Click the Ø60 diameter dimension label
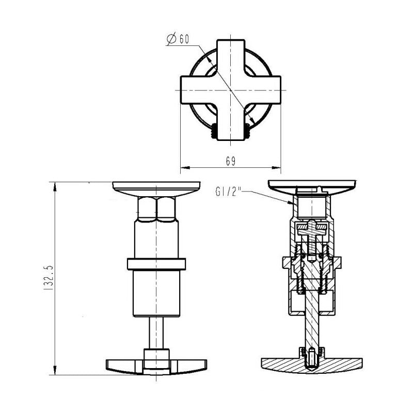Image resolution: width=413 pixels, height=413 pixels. (x=178, y=39)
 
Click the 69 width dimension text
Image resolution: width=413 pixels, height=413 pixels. (x=231, y=161)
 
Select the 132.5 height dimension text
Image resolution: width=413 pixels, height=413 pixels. (x=49, y=278)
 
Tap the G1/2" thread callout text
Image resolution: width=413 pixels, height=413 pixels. (x=228, y=191)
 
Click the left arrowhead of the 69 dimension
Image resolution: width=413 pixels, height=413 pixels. (x=185, y=167)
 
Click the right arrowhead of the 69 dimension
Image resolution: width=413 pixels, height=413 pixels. (x=276, y=167)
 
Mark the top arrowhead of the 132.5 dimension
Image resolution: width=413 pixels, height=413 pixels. (x=55, y=187)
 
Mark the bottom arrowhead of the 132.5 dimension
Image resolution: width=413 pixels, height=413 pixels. (x=55, y=370)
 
